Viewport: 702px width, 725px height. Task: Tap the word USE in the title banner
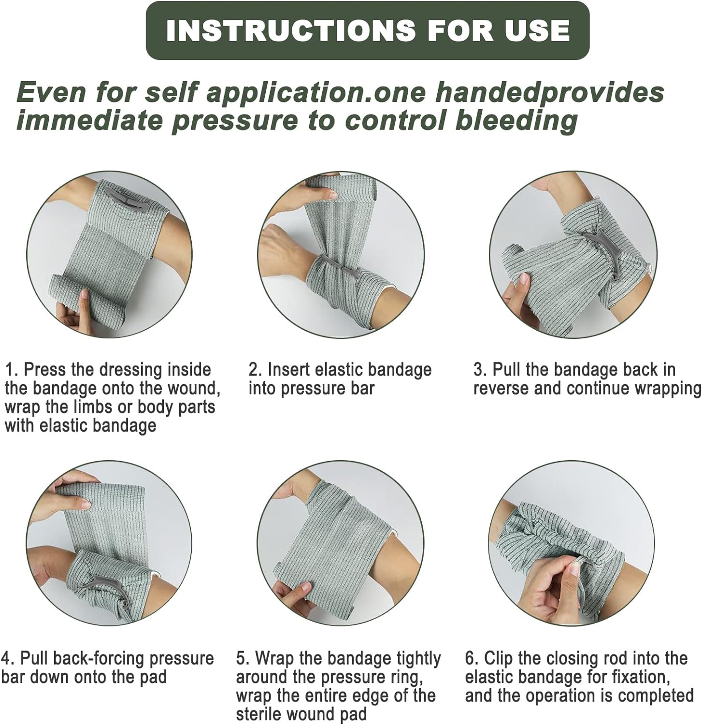click(x=537, y=30)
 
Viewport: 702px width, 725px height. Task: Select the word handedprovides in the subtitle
click(x=550, y=92)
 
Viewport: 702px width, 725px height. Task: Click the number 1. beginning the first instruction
click(x=12, y=370)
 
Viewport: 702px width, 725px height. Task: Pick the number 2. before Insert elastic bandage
click(x=255, y=370)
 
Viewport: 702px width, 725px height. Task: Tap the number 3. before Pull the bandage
click(x=480, y=370)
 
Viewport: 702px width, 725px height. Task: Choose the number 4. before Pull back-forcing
click(x=8, y=658)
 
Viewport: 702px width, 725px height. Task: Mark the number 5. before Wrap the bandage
click(x=243, y=658)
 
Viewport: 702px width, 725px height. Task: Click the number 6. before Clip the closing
click(x=472, y=658)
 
